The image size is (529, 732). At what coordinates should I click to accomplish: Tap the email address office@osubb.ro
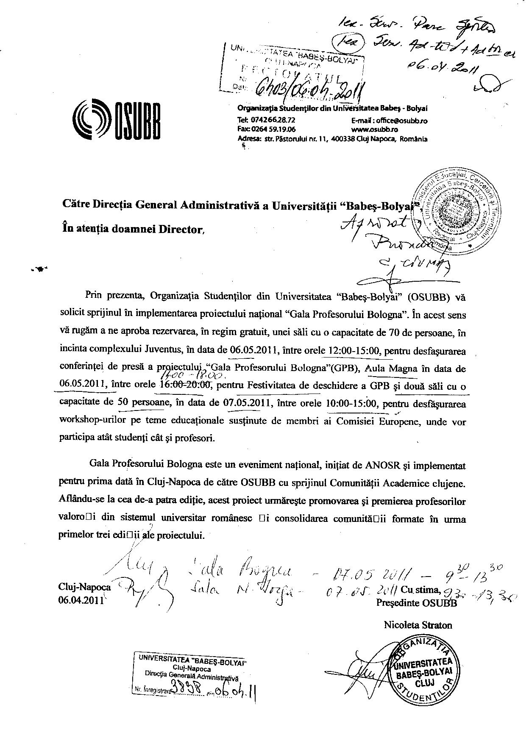tap(400, 121)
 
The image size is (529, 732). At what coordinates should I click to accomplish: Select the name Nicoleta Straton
tap(418, 625)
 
